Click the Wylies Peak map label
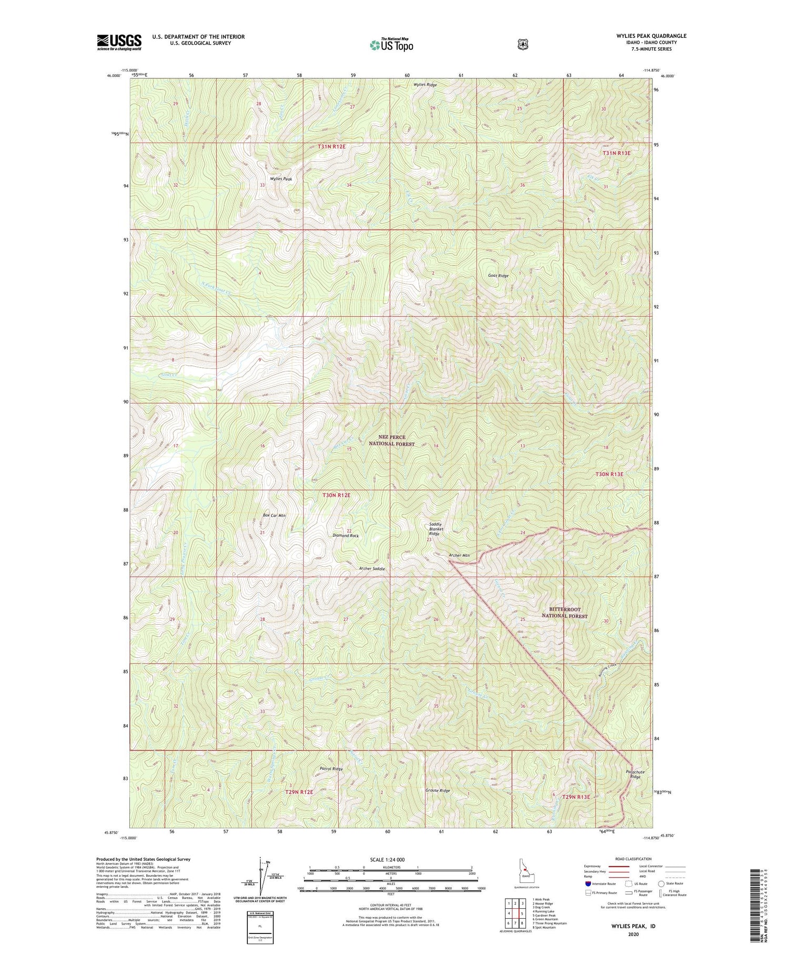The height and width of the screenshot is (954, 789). pos(281,179)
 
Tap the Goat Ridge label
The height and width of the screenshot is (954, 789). pos(498,275)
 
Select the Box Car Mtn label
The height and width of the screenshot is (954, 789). pos(274,515)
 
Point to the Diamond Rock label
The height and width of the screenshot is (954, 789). pos(346,535)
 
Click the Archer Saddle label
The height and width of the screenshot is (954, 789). pos(372,569)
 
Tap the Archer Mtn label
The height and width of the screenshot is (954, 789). pos(459,555)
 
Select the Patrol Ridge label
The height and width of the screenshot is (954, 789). pos(331,769)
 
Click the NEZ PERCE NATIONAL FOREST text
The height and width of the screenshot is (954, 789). pos(391,440)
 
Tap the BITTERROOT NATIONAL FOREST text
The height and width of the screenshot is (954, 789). pos(564,612)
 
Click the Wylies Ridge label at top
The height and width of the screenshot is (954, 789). pos(425,84)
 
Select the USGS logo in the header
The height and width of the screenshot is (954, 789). pos(119,42)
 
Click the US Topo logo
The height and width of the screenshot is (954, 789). pos(391,45)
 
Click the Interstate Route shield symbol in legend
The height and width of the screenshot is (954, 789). pos(588,883)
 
